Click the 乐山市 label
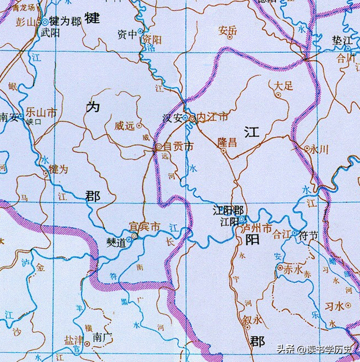tap(42, 112)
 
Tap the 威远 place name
tap(124, 126)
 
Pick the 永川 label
tap(319, 149)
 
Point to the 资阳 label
tap(152, 39)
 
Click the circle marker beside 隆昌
tap(223, 151)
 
